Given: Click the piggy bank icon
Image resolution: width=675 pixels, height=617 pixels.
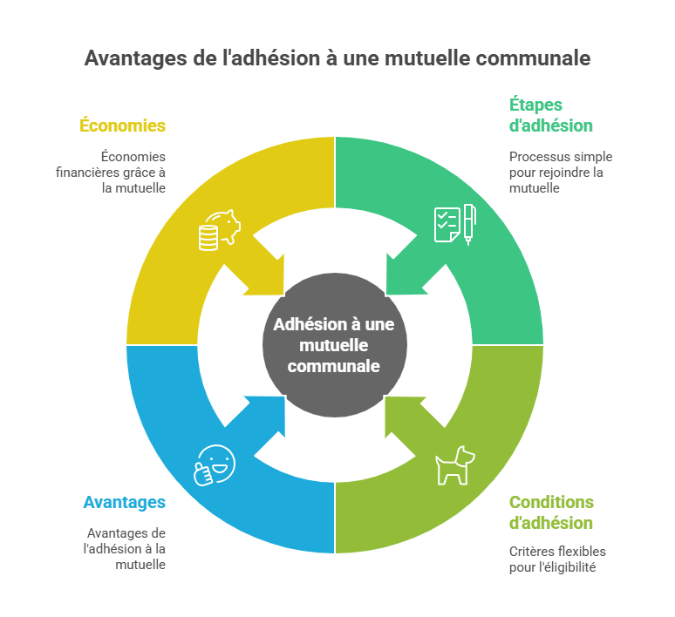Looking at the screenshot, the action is tap(220, 230).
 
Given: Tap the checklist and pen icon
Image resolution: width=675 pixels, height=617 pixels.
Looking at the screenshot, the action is tap(455, 224).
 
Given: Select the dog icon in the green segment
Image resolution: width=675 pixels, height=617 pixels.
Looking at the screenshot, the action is tap(454, 465).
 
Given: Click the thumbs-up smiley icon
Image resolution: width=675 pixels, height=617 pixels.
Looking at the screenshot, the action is tap(215, 465).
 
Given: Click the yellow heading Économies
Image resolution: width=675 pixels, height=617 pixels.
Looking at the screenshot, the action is tap(122, 125).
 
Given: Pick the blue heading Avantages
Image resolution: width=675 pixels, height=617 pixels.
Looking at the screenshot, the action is tap(125, 502).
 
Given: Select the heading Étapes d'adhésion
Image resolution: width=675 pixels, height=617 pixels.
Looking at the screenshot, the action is tap(551, 115).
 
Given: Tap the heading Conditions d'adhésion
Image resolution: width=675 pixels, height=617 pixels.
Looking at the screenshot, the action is tap(551, 512).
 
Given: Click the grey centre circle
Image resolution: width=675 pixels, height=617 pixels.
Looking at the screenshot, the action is tap(335, 344).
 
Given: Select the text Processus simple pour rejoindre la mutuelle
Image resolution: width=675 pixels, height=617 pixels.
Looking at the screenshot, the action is tap(561, 172).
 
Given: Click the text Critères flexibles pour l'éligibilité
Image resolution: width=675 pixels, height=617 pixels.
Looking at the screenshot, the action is tap(557, 559).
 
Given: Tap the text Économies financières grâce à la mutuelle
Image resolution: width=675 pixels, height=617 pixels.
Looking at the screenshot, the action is tap(111, 172).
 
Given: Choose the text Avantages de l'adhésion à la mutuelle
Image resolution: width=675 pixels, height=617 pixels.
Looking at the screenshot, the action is tap(125, 548).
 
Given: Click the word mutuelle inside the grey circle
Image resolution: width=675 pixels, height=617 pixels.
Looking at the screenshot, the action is tap(334, 345).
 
